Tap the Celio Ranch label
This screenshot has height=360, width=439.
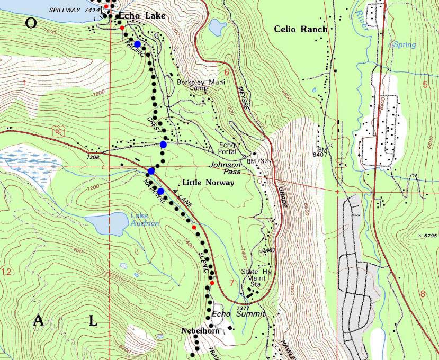click(x=301, y=29)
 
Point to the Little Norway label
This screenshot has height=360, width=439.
click(x=208, y=183)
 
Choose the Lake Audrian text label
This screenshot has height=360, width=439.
click(x=145, y=220)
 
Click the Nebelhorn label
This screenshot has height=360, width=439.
click(x=200, y=331)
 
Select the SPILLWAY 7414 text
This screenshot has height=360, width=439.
click(x=74, y=10)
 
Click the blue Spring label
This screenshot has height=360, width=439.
click(x=404, y=45)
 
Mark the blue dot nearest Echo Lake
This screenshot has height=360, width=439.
click(x=138, y=44)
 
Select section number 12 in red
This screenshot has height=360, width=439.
click(x=6, y=272)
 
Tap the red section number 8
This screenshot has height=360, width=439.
click(x=422, y=294)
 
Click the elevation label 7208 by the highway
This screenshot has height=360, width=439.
click(x=93, y=157)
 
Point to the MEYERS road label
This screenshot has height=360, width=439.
click(x=243, y=97)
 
